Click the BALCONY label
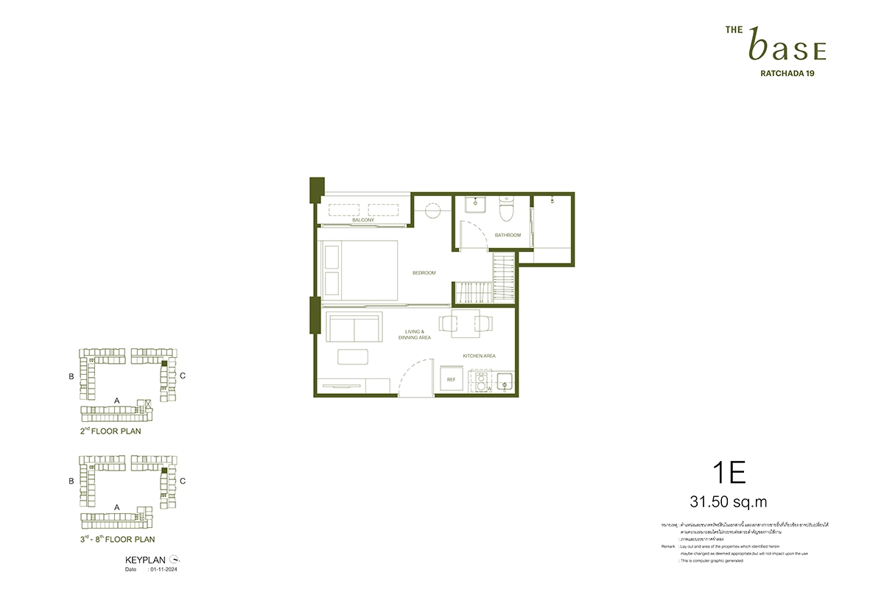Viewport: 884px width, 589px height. [362, 220]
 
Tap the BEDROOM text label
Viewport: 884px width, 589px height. [424, 273]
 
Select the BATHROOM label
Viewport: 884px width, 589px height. [508, 236]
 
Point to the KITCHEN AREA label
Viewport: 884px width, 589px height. [479, 356]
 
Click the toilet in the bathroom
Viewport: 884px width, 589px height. [506, 210]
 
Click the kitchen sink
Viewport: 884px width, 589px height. [505, 381]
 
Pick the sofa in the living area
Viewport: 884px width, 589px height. [354, 325]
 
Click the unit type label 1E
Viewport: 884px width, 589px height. [729, 473]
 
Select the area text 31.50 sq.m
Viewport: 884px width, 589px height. [729, 502]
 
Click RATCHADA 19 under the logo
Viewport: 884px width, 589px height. [786, 73]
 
